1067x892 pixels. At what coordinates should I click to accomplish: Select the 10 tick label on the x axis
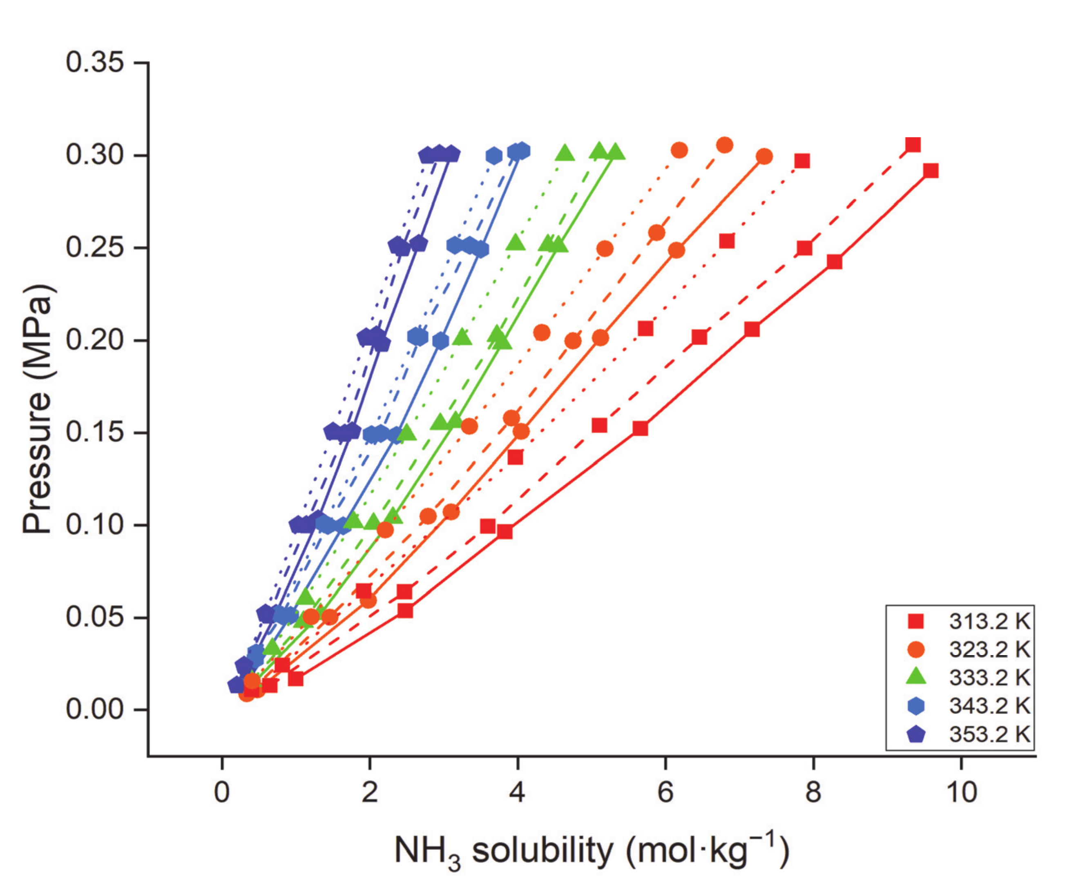[961, 792]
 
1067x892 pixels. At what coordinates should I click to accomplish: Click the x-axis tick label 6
[665, 792]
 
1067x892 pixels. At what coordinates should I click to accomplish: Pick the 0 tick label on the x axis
[221, 792]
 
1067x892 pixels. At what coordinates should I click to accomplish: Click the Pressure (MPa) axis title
[38, 409]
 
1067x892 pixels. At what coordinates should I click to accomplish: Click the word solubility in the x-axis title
[542, 850]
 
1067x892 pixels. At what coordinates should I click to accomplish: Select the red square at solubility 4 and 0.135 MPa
[515, 458]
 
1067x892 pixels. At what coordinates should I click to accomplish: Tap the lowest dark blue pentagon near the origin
[236, 685]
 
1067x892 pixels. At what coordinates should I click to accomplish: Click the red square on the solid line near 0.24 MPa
[834, 262]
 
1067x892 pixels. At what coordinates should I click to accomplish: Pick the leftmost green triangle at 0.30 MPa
[565, 152]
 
